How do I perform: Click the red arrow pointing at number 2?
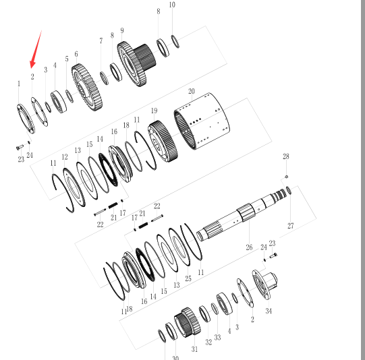pyautogui.click(x=36, y=49)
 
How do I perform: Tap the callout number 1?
pyautogui.click(x=19, y=84)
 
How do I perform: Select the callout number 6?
pyautogui.click(x=76, y=54)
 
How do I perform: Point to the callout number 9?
pyautogui.click(x=122, y=30)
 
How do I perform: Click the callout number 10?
pyautogui.click(x=172, y=5)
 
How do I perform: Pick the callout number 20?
pyautogui.click(x=192, y=91)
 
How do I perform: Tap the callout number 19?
pyautogui.click(x=154, y=111)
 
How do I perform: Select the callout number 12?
pyautogui.click(x=65, y=157)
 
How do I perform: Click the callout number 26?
pyautogui.click(x=249, y=247)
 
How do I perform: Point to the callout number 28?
pyautogui.click(x=286, y=156)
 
